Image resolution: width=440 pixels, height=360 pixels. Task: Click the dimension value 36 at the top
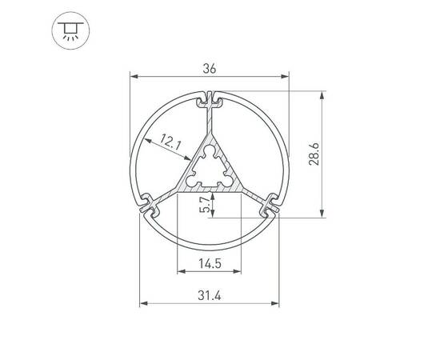point(210,69)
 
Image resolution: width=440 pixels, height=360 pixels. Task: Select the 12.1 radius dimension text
point(171,143)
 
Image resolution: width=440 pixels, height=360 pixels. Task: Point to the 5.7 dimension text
point(206,206)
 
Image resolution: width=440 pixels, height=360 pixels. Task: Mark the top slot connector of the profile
point(210,102)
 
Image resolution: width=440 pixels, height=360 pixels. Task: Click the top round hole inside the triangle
point(210,149)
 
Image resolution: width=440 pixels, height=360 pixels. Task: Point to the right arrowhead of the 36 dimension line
point(286,78)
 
